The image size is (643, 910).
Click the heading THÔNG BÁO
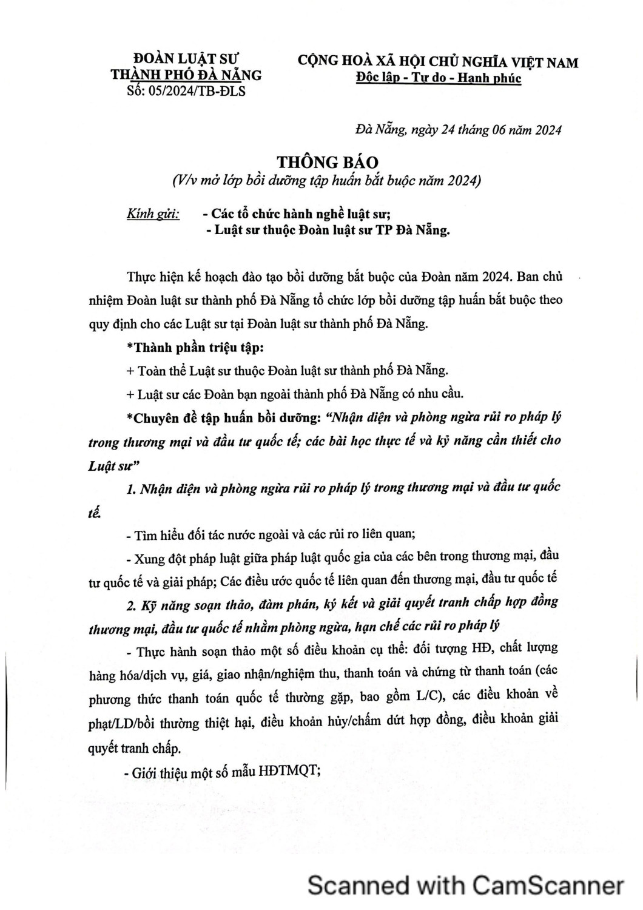[x=328, y=162]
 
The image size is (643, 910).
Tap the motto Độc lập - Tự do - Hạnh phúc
[x=438, y=78]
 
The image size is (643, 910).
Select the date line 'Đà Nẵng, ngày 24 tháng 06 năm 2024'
[x=458, y=130]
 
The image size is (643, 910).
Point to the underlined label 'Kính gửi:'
[x=153, y=214]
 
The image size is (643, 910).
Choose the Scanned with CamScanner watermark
[x=465, y=885]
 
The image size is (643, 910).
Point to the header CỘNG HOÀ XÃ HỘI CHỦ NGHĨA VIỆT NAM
[x=437, y=62]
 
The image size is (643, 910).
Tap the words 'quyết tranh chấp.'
[x=135, y=748]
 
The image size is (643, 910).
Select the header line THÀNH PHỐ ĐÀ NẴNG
[x=186, y=75]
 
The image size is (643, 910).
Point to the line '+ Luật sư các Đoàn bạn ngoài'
[x=295, y=394]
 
